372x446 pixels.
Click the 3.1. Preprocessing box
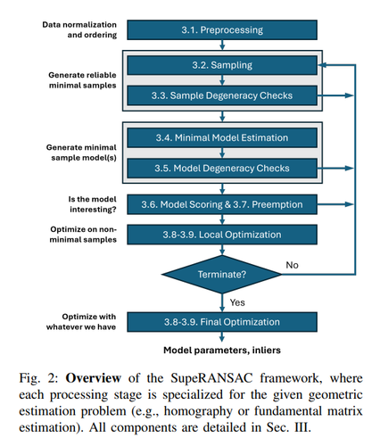coord(222,29)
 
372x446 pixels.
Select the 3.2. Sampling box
coord(222,65)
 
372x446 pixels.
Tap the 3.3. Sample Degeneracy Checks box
coord(222,95)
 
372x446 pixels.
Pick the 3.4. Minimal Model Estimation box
coord(222,137)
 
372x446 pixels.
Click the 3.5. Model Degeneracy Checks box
coord(222,169)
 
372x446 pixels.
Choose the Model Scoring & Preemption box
coord(222,204)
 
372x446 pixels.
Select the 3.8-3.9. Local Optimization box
coord(222,235)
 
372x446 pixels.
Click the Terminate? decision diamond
coord(222,274)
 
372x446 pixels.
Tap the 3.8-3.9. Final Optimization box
coord(222,322)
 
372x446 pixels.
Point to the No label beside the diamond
coord(292,265)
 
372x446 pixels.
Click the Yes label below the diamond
coord(237,302)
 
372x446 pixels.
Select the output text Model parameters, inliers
coord(222,351)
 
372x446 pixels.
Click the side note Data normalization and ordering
coord(79,29)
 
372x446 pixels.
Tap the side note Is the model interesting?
coord(92,204)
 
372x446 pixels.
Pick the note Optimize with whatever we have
coord(81,322)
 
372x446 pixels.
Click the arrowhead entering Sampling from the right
coord(322,65)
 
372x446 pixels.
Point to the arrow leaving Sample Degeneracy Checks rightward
coord(335,95)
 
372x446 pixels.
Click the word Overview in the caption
coord(93,378)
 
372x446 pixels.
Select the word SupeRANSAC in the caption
coord(211,378)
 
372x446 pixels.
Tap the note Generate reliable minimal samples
coord(82,80)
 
